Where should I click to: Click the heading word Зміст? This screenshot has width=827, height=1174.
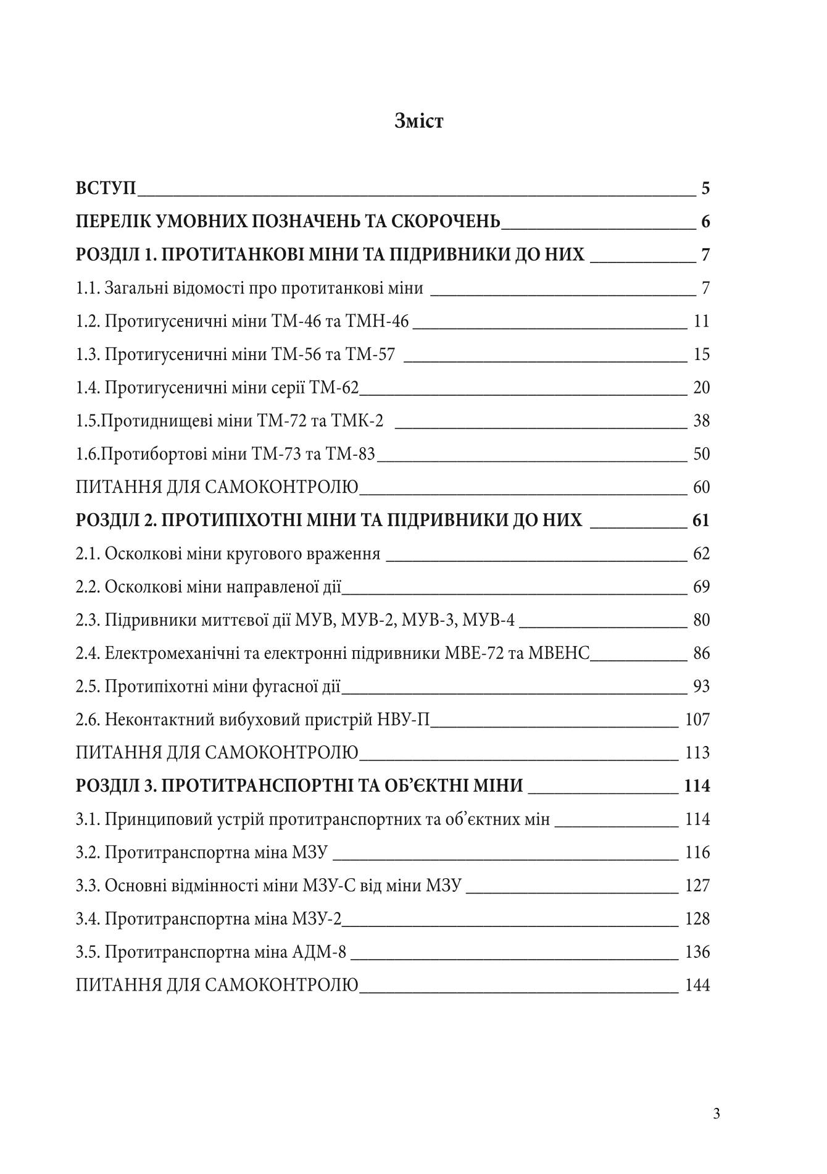(x=418, y=121)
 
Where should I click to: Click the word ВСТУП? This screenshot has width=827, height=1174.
(x=106, y=188)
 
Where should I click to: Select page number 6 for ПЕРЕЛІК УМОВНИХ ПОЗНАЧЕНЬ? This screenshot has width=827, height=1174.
(x=705, y=221)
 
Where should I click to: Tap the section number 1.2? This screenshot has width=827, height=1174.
(x=88, y=321)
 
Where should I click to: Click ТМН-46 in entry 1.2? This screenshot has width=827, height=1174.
(x=378, y=321)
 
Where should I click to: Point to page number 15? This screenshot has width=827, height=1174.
(x=702, y=354)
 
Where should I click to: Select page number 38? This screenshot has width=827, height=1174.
(x=702, y=421)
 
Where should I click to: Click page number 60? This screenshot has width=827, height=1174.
(x=702, y=488)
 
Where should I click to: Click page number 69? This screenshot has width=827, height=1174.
(x=702, y=587)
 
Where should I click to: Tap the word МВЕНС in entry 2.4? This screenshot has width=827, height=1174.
(x=559, y=653)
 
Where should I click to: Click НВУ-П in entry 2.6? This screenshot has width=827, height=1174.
(x=402, y=720)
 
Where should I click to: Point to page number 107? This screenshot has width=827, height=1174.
(x=698, y=720)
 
